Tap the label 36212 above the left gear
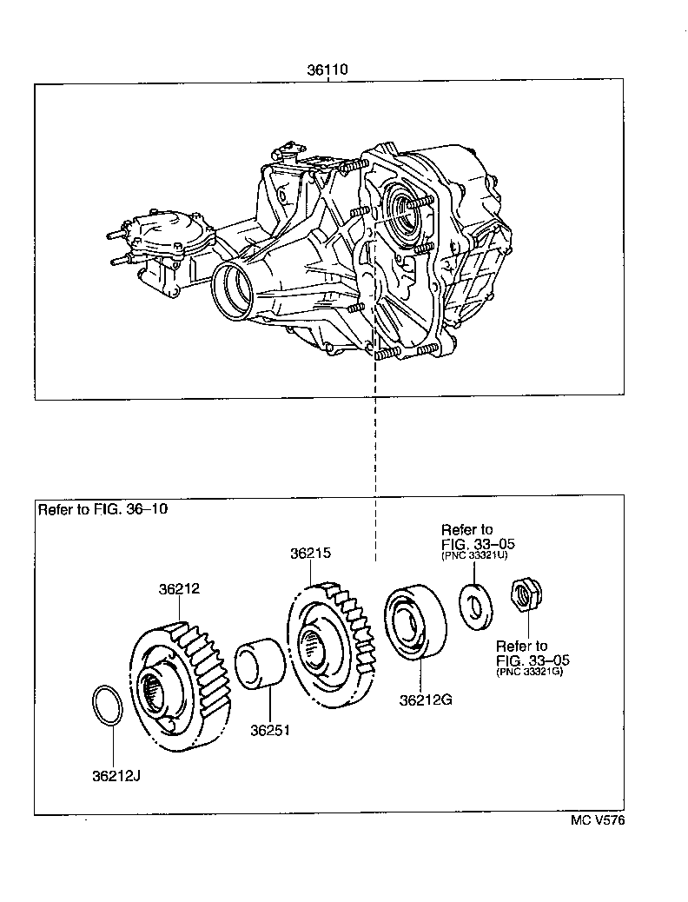179,588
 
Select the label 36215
311,553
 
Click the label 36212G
426,700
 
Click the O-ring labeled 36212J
107,705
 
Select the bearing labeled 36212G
414,623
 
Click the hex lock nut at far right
523,596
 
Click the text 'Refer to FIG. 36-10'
103,509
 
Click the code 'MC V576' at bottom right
597,820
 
